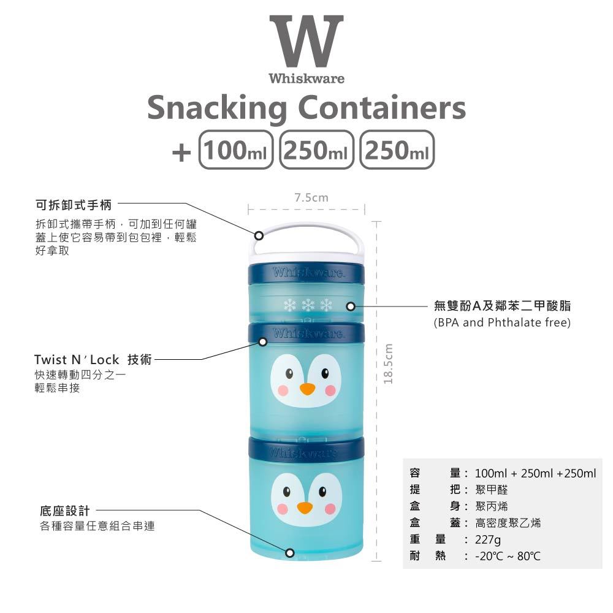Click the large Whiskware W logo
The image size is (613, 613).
click(306, 42)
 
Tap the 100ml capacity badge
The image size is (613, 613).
click(235, 150)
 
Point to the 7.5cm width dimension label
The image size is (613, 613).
click(311, 198)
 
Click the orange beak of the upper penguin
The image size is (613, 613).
click(307, 389)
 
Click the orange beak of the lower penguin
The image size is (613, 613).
click(305, 508)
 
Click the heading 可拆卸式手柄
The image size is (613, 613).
click(74, 204)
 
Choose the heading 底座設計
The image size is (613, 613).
click(63, 511)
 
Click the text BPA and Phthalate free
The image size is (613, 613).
click(502, 322)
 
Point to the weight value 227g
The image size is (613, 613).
click(488, 540)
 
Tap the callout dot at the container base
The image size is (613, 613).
click(290, 553)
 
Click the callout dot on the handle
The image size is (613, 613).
click(259, 235)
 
